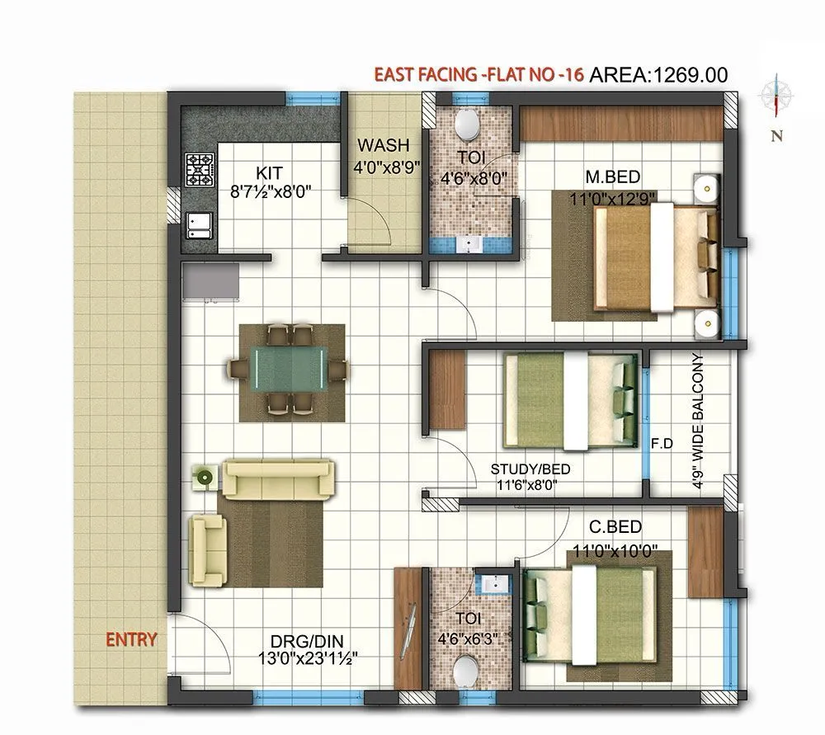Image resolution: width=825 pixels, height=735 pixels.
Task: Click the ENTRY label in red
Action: [130, 639]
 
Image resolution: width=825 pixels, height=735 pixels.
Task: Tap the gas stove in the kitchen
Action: [200, 168]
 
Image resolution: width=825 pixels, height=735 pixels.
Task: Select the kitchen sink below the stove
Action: [199, 224]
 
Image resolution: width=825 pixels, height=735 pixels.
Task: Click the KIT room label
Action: [269, 172]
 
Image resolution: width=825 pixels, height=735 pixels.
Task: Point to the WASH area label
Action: [383, 146]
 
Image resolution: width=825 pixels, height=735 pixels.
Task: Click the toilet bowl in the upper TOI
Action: [468, 125]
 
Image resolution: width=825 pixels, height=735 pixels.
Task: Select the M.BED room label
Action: [613, 176]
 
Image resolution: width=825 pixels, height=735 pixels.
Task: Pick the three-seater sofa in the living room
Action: [280, 479]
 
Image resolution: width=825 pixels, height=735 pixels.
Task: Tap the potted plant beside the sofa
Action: [204, 476]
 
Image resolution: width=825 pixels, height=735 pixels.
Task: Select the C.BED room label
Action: [615, 527]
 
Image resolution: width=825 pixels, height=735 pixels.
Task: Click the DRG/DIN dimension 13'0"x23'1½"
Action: [307, 657]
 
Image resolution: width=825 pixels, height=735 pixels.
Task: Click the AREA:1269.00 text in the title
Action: [658, 75]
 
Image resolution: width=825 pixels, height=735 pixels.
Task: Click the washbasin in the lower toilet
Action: [495, 583]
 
